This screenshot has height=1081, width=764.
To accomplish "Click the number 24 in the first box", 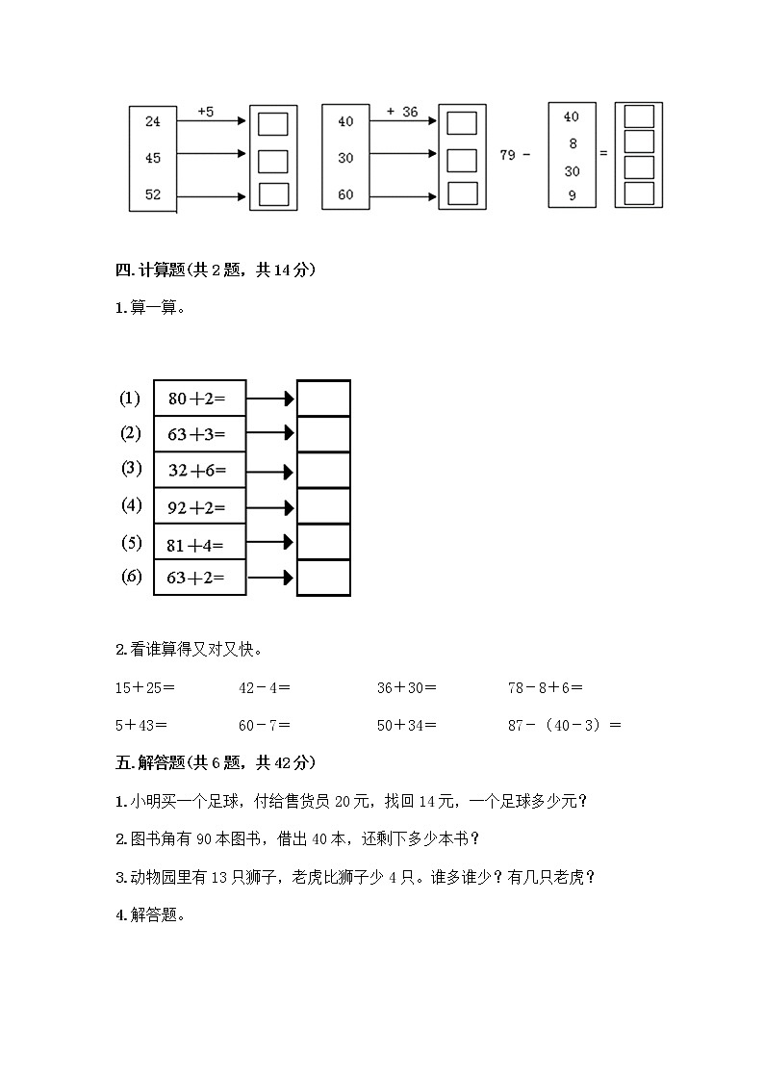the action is [x=153, y=121].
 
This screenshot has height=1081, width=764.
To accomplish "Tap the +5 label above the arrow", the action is [x=205, y=112].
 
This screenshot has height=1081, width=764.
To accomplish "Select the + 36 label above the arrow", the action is [x=401, y=112].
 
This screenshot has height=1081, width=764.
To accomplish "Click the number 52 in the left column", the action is [x=153, y=194].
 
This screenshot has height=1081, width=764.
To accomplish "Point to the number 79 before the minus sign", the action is [x=508, y=154].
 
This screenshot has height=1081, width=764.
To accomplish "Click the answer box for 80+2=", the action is [x=323, y=399].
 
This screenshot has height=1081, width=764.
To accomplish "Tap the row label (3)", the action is [x=131, y=469].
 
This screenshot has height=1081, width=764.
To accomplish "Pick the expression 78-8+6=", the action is [x=546, y=688].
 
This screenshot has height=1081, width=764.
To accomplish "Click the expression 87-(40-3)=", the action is [x=565, y=726].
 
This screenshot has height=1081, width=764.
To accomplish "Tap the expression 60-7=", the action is [x=265, y=726].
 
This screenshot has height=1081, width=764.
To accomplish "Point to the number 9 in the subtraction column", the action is [x=572, y=194].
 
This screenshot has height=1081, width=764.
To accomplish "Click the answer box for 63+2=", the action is [x=323, y=579].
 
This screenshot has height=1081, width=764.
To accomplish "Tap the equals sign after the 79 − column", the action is [x=603, y=154].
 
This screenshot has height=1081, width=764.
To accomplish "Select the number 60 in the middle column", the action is [x=345, y=194].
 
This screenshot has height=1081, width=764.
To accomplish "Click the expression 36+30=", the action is [x=407, y=688].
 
